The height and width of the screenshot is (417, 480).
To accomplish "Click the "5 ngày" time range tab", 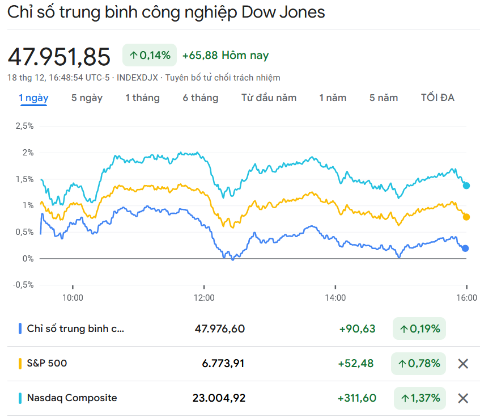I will (87, 98).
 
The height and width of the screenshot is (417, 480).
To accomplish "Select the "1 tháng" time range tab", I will (142, 98).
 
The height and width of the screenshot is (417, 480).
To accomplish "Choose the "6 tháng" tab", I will (200, 98).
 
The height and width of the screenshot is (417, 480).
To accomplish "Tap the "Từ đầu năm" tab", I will (269, 98).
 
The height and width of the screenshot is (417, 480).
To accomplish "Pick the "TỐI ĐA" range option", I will (437, 98).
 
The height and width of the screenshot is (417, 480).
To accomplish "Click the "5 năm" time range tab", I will (384, 98).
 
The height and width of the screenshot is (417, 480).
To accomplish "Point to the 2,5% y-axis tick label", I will (24, 126).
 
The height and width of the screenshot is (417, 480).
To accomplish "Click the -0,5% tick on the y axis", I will (23, 285).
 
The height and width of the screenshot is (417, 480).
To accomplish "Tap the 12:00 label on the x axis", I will (204, 297).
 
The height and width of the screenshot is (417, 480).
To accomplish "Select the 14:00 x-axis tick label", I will (335, 297).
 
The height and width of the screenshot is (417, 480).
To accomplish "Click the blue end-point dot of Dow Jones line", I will (465, 248).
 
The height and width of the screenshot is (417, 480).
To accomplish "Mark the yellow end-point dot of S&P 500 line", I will (466, 217).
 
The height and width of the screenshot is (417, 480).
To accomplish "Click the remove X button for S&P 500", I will (463, 364).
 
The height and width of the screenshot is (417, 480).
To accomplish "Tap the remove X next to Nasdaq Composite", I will (463, 398).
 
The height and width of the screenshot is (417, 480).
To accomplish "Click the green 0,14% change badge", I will (150, 56).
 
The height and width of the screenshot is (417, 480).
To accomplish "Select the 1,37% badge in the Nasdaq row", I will (419, 398).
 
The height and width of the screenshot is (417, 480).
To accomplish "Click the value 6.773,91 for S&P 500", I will (223, 363).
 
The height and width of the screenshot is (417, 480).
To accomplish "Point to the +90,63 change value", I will (357, 328).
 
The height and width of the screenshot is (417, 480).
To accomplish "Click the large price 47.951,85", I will (59, 57).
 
